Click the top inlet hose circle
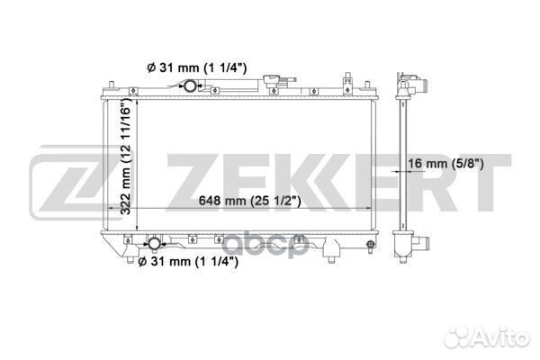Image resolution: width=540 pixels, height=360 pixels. (190, 85)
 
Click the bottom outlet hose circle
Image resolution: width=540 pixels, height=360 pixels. (154, 244)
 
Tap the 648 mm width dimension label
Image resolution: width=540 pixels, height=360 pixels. (249, 201)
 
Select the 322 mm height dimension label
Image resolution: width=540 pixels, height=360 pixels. (126, 156)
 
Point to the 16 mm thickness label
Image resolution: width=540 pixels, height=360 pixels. (446, 163)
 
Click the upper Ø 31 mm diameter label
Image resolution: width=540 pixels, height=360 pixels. (196, 67)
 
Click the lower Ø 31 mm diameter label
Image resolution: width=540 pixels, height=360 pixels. (188, 262)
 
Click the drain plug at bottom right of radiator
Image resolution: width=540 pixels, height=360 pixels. (371, 246)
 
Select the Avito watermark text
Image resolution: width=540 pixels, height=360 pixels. (486, 336)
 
